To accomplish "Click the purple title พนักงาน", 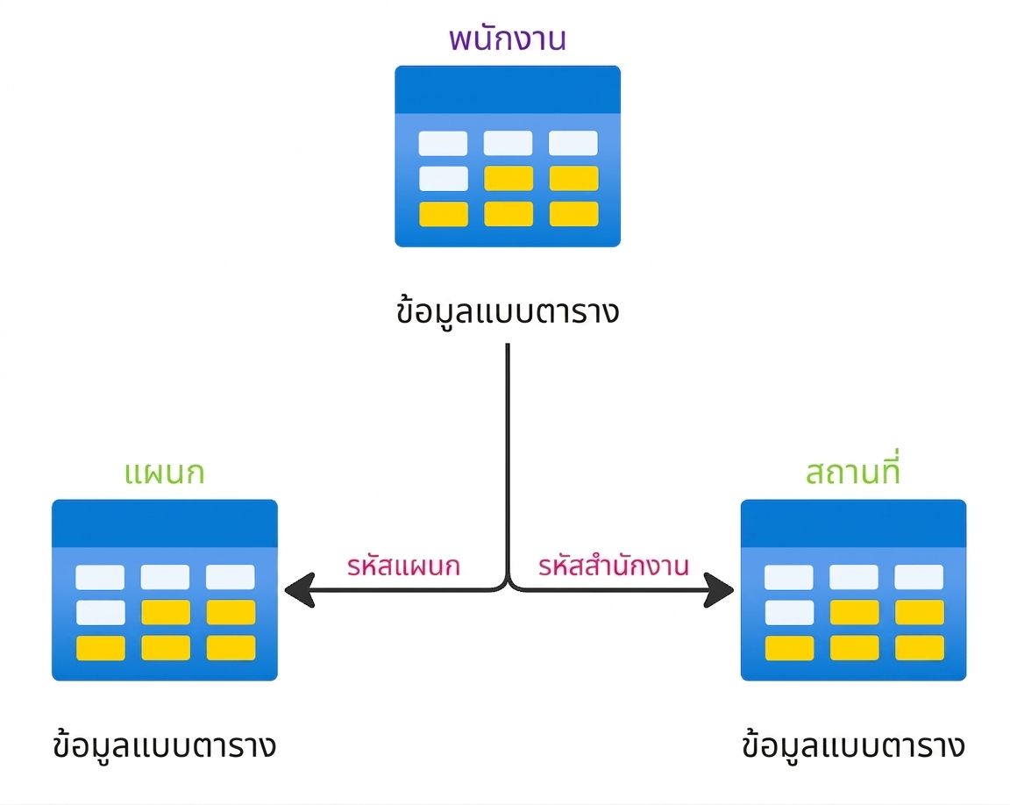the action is click(x=508, y=39).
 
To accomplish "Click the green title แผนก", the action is click(x=164, y=473).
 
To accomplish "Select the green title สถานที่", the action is click(x=853, y=469).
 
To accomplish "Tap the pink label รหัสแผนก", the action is click(x=403, y=566).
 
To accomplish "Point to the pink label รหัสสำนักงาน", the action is click(x=614, y=565).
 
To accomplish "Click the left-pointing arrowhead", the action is click(x=300, y=590).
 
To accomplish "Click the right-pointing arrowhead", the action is click(x=718, y=590).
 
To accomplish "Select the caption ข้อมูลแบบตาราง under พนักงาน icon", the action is click(x=508, y=310).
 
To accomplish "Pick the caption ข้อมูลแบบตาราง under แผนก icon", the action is click(x=164, y=745).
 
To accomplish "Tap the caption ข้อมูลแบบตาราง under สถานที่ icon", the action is click(x=853, y=745).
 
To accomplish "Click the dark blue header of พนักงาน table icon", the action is click(x=508, y=89).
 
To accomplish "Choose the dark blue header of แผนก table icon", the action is click(x=164, y=524).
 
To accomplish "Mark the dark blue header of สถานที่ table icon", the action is click(x=853, y=524).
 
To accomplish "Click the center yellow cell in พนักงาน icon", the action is click(x=509, y=178).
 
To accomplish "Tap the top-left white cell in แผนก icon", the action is click(x=100, y=577).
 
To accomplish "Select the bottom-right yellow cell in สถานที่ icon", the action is click(x=919, y=648).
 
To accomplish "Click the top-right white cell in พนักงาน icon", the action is click(x=573, y=143).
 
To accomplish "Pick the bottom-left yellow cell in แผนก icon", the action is click(x=101, y=648).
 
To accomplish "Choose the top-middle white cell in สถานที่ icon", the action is click(x=853, y=577).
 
